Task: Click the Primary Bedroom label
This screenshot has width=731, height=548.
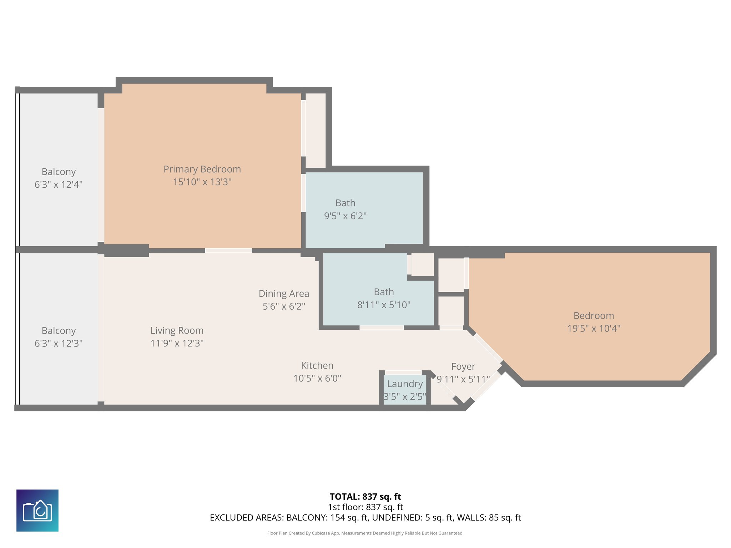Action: [x=202, y=169]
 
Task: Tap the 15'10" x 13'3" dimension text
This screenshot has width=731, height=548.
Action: [x=202, y=182]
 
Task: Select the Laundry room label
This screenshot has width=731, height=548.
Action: [x=405, y=384]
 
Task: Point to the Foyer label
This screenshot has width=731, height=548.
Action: [x=463, y=366]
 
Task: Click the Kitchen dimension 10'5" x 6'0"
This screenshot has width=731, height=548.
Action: [x=317, y=378]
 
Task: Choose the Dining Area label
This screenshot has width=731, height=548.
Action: [x=284, y=294]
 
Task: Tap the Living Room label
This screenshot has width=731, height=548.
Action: [x=177, y=330]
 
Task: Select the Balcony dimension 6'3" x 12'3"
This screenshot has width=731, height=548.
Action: [x=59, y=343]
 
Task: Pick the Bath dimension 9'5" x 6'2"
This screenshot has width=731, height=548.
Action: [x=345, y=216]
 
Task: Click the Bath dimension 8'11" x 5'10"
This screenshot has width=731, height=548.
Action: [x=384, y=305]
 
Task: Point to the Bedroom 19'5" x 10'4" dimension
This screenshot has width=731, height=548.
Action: [x=594, y=328]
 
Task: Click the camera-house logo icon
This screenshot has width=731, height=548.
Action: [x=37, y=510]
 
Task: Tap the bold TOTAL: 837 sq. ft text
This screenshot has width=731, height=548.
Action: [x=365, y=497]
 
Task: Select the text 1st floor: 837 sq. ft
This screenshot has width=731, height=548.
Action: [x=365, y=507]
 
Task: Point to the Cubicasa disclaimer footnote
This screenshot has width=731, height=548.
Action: [x=365, y=533]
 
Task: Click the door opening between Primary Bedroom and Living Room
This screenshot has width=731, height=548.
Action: [x=228, y=250]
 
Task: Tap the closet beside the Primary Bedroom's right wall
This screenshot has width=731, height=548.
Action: [x=316, y=130]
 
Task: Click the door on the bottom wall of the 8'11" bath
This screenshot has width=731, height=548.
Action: [x=381, y=328]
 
